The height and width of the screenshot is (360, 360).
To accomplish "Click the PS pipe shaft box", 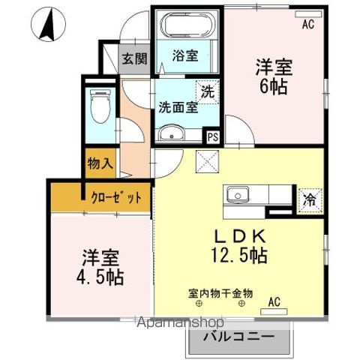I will click(214, 136).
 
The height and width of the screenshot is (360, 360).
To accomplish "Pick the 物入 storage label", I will click(100, 162).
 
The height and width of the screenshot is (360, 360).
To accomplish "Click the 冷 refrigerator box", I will click(308, 199).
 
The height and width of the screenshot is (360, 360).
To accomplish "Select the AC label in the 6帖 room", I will click(307, 24).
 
